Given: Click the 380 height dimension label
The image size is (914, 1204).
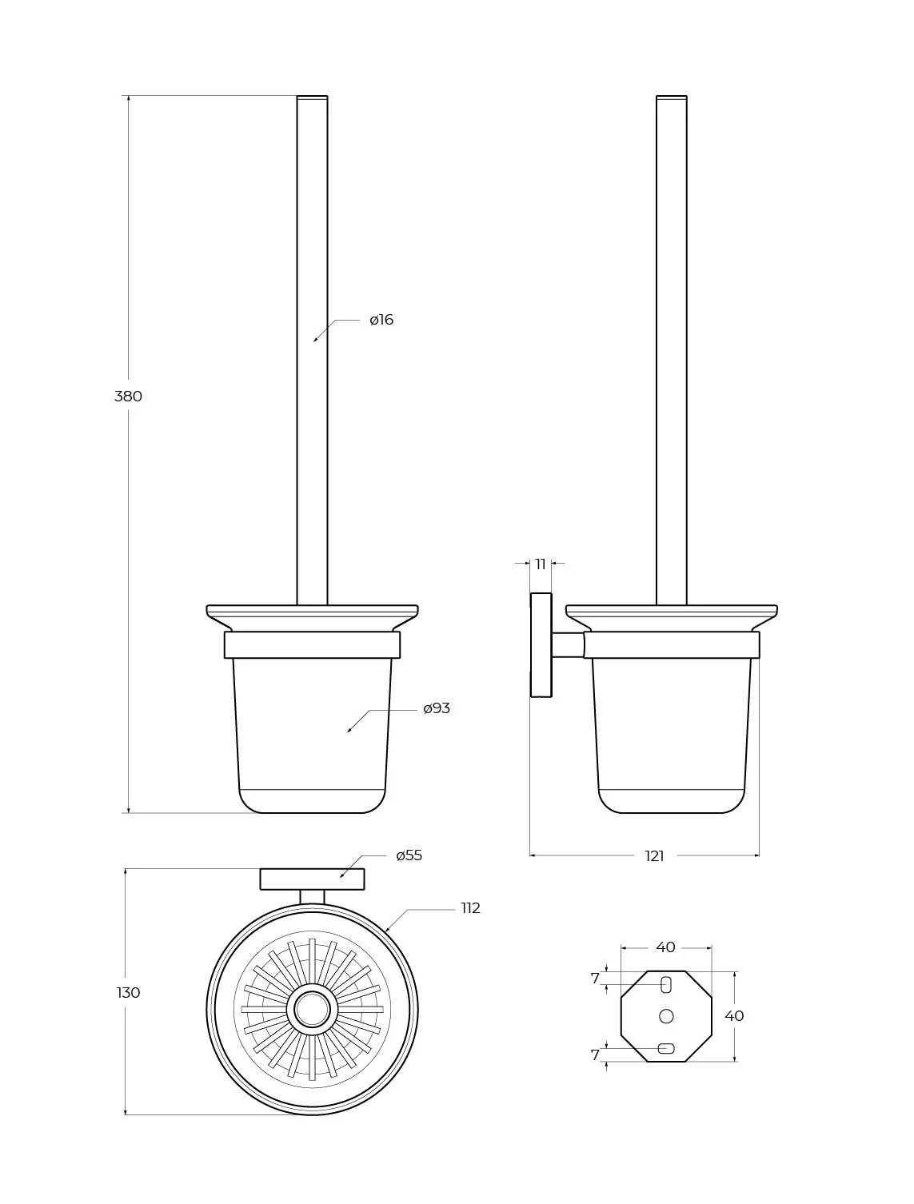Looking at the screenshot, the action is click(x=128, y=396).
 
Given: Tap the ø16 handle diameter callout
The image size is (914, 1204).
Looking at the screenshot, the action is click(x=381, y=320).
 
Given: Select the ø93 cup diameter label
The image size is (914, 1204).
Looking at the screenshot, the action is click(x=437, y=708).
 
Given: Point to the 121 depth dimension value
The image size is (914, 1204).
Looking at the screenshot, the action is click(x=654, y=856).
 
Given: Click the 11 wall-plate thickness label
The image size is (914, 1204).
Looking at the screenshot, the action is click(x=541, y=564).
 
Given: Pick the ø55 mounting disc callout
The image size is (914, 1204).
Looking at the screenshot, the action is click(x=409, y=855).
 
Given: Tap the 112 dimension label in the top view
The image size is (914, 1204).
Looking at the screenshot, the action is click(x=471, y=908).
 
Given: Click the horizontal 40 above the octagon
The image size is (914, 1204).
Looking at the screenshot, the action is click(x=665, y=947).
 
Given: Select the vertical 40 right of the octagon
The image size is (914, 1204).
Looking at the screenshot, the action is click(x=734, y=1016).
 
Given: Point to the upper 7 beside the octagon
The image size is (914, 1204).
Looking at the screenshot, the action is click(x=595, y=979).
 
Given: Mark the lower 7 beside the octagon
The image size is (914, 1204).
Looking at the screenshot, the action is click(x=595, y=1054).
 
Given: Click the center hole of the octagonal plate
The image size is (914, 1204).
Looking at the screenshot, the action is click(x=666, y=1016).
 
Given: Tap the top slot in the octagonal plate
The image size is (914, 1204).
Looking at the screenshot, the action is click(x=666, y=985).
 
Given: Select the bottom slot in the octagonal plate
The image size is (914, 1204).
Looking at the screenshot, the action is click(x=666, y=1048).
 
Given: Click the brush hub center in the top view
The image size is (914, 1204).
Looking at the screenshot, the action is click(x=312, y=1009).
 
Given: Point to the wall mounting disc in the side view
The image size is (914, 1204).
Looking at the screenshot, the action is click(x=541, y=645).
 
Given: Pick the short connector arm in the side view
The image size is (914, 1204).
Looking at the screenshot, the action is click(x=568, y=645).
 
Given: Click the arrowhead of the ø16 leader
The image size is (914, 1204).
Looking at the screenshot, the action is click(x=315, y=341).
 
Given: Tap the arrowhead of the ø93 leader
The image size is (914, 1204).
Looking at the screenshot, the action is click(x=349, y=731).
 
